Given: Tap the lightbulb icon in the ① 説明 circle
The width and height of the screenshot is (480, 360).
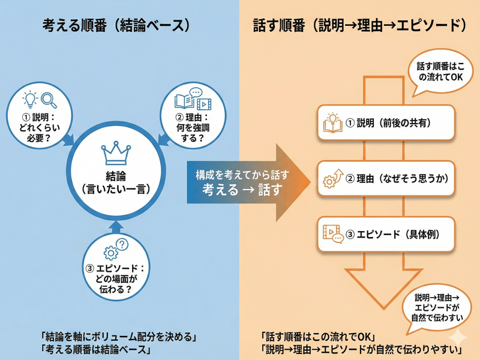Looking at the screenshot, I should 29,99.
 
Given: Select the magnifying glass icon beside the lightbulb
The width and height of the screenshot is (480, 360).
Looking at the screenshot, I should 49,99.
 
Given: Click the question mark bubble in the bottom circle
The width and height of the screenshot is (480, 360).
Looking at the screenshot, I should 122,244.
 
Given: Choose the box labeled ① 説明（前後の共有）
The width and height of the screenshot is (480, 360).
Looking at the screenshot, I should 385,122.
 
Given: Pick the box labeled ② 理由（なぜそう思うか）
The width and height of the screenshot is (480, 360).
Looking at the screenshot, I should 385,178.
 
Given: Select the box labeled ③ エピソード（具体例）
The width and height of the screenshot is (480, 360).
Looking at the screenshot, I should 385,234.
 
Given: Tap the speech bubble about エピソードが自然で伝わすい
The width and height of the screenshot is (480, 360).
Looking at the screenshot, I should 436,308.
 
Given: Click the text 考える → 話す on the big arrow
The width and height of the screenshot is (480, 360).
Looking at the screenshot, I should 242,188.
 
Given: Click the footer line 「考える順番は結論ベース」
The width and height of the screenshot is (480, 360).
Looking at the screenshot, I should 95,348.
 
